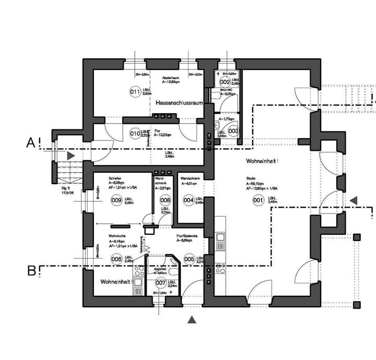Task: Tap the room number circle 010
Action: pyautogui.click(x=135, y=134)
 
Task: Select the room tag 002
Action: pyautogui.click(x=225, y=82)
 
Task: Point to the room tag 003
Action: pyautogui.click(x=233, y=131)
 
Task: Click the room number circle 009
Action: pyautogui.click(x=116, y=200)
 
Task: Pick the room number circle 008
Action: pyautogui.click(x=165, y=200)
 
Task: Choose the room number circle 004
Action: pyautogui.click(x=189, y=199)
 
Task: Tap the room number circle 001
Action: pyautogui.click(x=257, y=199)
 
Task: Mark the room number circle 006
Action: pyautogui.click(x=116, y=259)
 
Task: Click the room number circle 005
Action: pyautogui.click(x=189, y=259)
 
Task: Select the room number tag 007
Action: pyautogui.click(x=161, y=283)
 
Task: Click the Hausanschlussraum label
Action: pyautogui.click(x=179, y=103)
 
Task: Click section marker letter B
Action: pyautogui.click(x=31, y=270)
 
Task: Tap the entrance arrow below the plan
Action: pyautogui.click(x=193, y=320)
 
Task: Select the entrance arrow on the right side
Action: pyautogui.click(x=354, y=200)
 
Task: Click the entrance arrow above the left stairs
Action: pyautogui.click(x=70, y=155)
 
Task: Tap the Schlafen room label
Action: pyautogui.click(x=115, y=178)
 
